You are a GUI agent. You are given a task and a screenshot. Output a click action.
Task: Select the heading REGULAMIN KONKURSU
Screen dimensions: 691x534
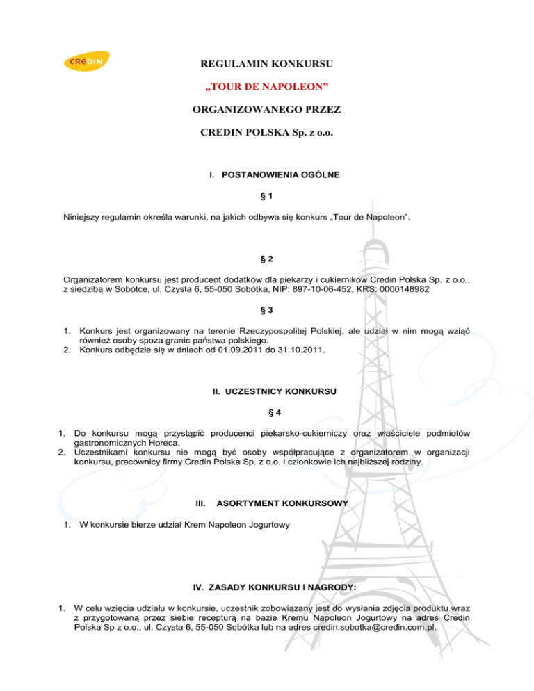coord(266,66)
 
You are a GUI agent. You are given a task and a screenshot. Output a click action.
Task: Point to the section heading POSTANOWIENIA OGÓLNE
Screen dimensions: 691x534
coord(275,175)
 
